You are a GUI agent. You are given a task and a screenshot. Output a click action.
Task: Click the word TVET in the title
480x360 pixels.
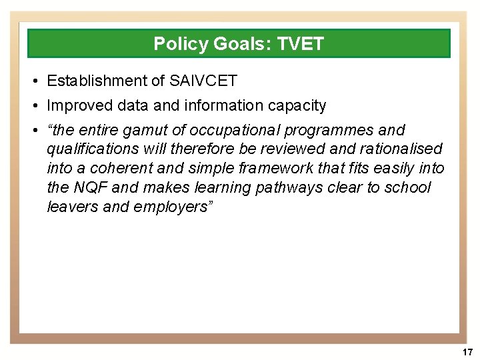pos(302,44)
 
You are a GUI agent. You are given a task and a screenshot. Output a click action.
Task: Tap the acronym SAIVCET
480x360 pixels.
pos(203,81)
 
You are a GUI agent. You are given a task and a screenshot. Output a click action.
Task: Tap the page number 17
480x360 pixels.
pos(467,351)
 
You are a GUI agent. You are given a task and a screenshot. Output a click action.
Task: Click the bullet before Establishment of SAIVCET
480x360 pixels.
pos(33,81)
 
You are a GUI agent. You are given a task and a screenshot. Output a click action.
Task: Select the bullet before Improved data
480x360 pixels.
pos(33,105)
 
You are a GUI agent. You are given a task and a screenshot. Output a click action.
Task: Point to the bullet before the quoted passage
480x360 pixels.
pos(33,130)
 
